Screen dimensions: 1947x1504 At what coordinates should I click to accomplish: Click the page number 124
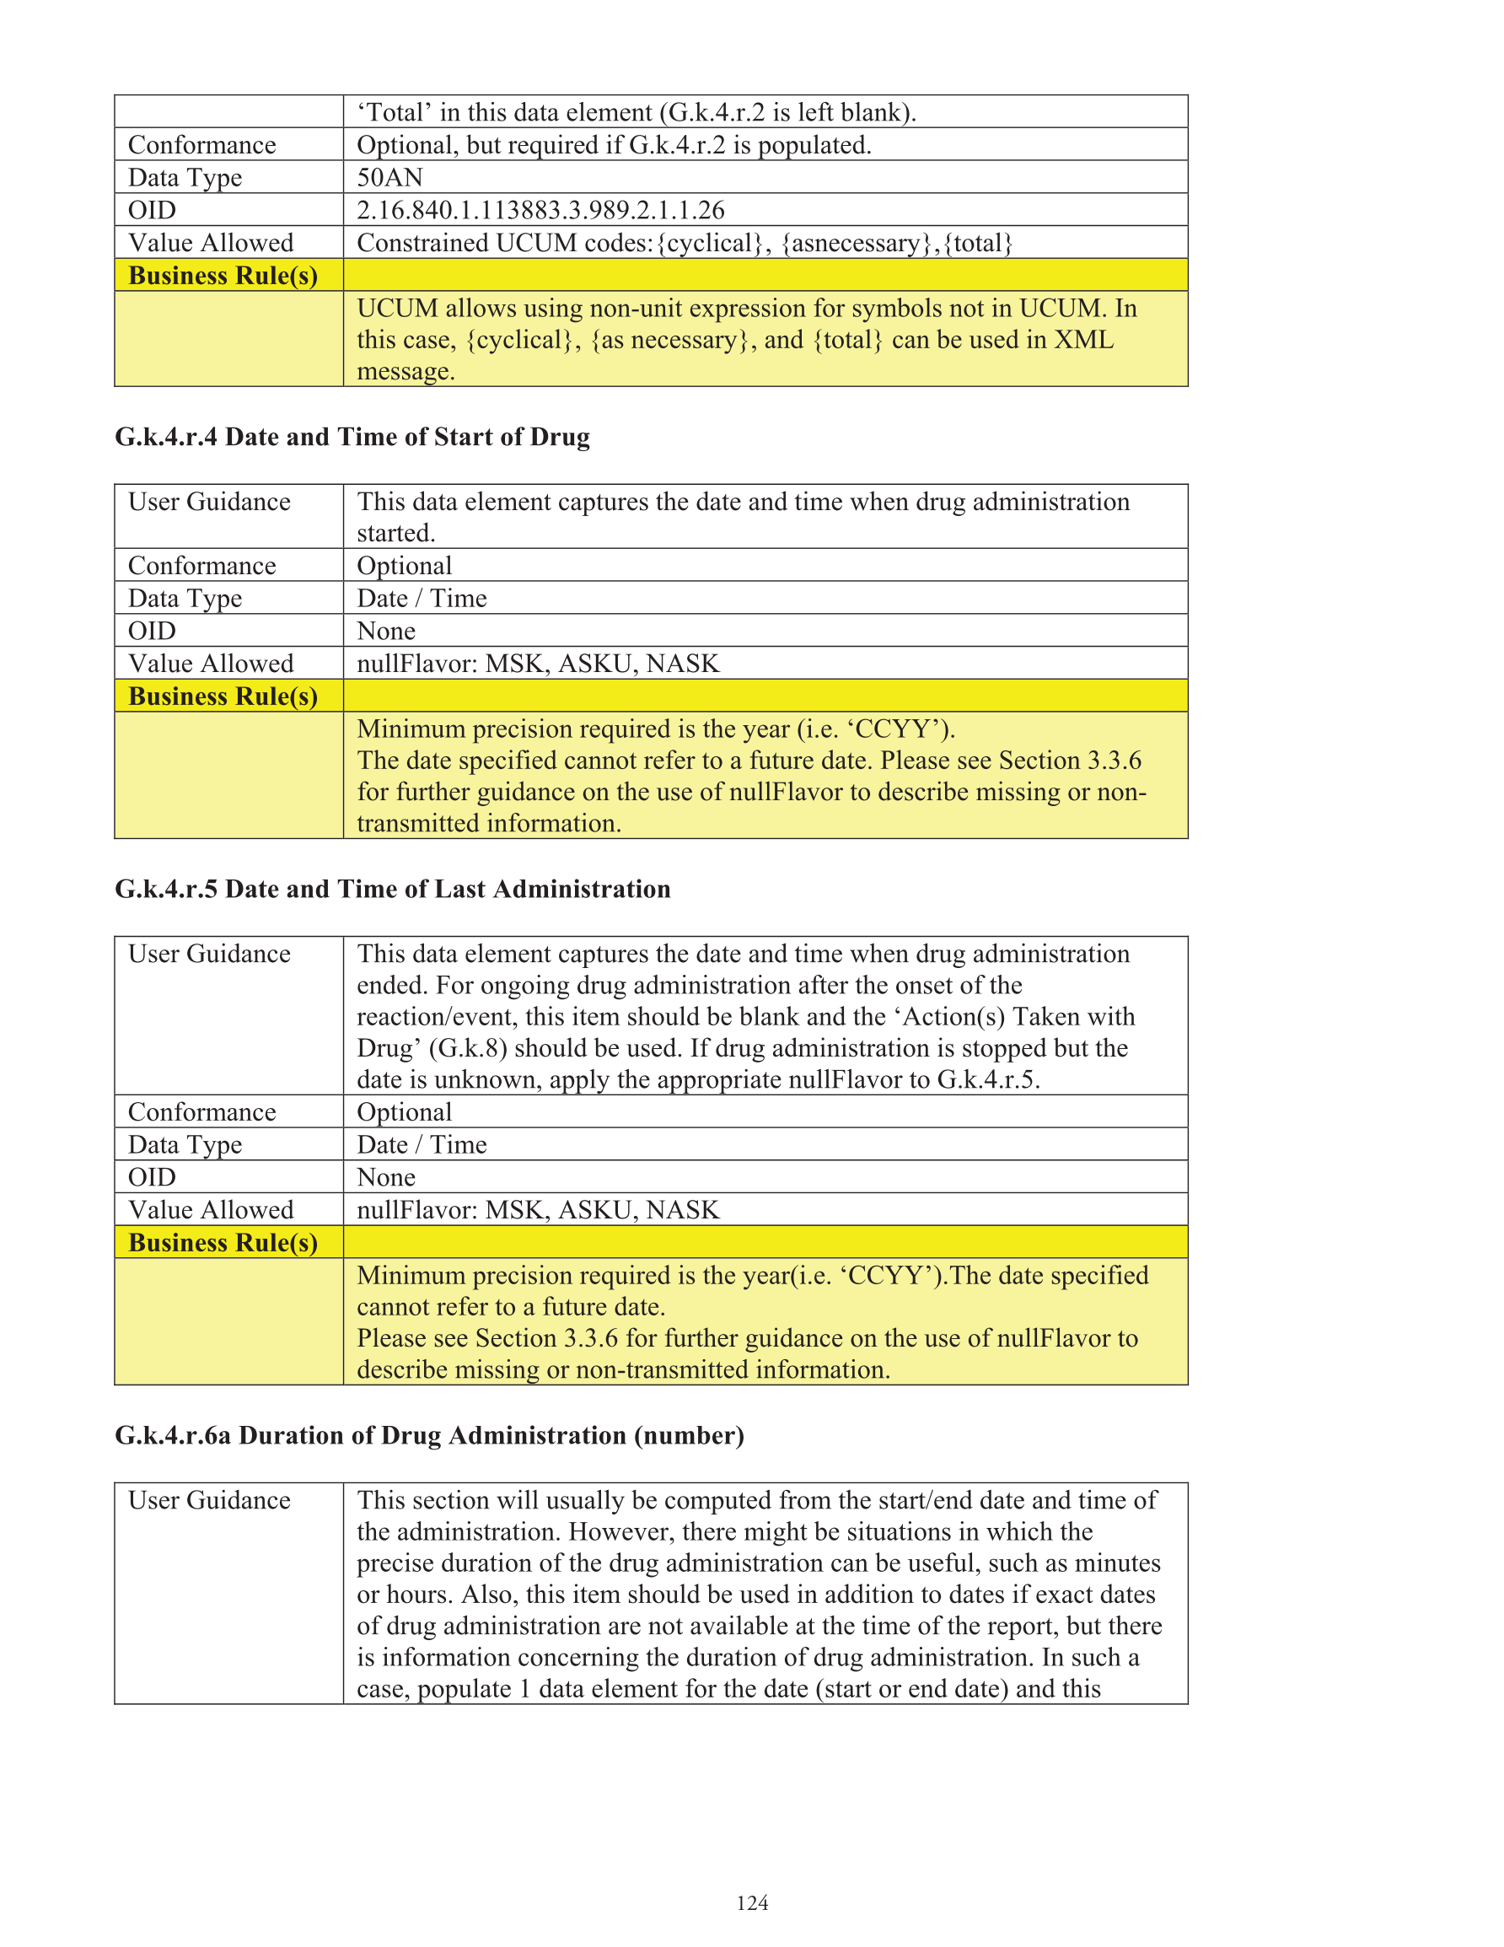point(751,1902)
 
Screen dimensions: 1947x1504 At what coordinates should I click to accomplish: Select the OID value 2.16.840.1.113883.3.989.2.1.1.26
point(540,211)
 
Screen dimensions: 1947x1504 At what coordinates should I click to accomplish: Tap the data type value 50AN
point(389,177)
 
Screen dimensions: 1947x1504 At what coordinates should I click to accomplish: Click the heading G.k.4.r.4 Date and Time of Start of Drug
point(352,437)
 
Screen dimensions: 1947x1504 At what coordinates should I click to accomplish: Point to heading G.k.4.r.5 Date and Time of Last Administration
point(392,889)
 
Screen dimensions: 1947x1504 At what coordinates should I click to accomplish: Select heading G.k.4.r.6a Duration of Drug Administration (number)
point(429,1435)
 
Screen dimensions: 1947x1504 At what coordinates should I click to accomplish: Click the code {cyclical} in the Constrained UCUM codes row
point(710,244)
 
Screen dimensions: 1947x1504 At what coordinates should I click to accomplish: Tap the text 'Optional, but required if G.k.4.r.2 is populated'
point(614,145)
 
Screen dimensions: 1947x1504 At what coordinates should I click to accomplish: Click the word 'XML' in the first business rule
point(1083,340)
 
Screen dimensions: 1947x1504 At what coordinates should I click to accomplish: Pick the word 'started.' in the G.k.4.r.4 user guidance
point(396,533)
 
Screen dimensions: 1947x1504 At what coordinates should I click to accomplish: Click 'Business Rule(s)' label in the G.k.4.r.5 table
point(223,1242)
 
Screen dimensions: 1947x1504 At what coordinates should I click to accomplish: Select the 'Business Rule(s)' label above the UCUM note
point(223,276)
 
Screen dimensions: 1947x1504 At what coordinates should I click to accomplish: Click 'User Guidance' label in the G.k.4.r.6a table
point(210,1500)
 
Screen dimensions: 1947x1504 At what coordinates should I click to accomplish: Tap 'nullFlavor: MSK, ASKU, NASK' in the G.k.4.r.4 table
point(538,664)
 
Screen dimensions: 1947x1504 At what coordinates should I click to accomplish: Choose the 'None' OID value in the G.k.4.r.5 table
point(386,1178)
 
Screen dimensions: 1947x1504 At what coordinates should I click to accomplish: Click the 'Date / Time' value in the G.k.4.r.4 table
point(422,598)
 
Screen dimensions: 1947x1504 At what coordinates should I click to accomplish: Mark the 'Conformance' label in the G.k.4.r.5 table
point(202,1112)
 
